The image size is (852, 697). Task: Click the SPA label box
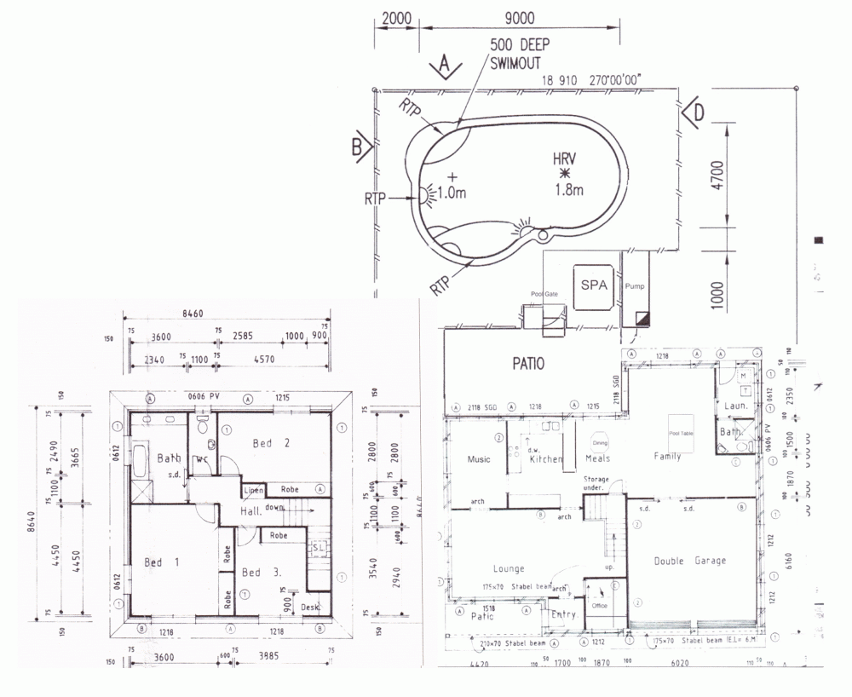point(594,285)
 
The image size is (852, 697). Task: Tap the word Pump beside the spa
point(636,287)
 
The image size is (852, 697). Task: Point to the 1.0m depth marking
point(452,193)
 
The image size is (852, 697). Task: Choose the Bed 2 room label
point(273,442)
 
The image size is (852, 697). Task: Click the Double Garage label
point(690,561)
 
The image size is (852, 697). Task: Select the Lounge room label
point(509,568)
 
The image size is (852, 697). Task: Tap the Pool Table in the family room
point(682,433)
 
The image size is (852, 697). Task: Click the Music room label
point(479,459)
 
